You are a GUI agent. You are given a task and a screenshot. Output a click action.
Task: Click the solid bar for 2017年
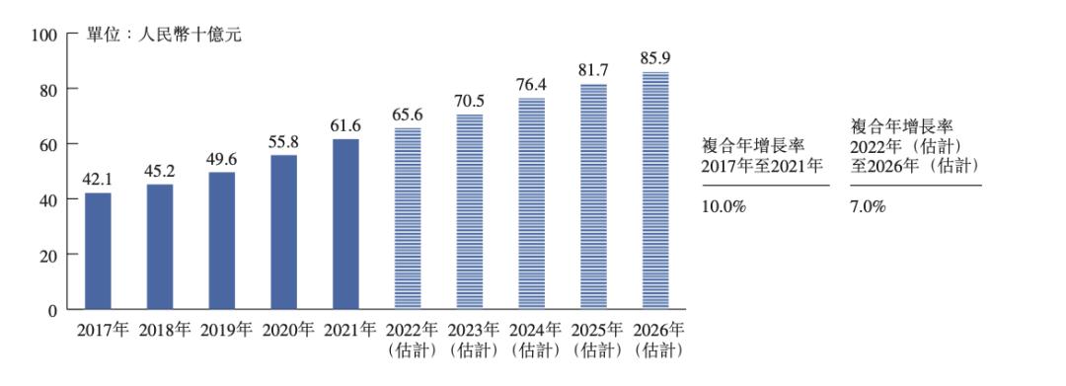point(98,251)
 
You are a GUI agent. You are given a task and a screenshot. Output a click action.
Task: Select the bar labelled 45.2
point(160,247)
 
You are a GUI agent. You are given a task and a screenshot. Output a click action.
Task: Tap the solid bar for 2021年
point(345,224)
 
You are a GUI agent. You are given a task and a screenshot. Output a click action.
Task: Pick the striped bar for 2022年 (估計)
point(408,218)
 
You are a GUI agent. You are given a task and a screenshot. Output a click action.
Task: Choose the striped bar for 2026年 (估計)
point(654,191)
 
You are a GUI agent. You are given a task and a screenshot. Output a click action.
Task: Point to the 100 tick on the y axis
point(45,35)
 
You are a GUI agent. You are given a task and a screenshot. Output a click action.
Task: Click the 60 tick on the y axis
point(49,144)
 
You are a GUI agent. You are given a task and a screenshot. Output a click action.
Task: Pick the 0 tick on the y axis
point(53,310)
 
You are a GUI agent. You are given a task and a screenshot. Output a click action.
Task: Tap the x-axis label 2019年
point(222,329)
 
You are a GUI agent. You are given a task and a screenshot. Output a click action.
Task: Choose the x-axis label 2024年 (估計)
point(531,339)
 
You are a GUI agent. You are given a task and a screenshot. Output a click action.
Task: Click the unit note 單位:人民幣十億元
point(164,36)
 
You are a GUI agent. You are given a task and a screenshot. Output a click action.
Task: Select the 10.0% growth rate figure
point(723,207)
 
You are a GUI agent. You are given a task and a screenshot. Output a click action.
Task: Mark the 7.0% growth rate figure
point(868,207)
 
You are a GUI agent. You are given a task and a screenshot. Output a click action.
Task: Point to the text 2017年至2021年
point(762,167)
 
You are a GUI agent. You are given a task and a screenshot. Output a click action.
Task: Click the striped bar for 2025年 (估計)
point(592,196)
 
